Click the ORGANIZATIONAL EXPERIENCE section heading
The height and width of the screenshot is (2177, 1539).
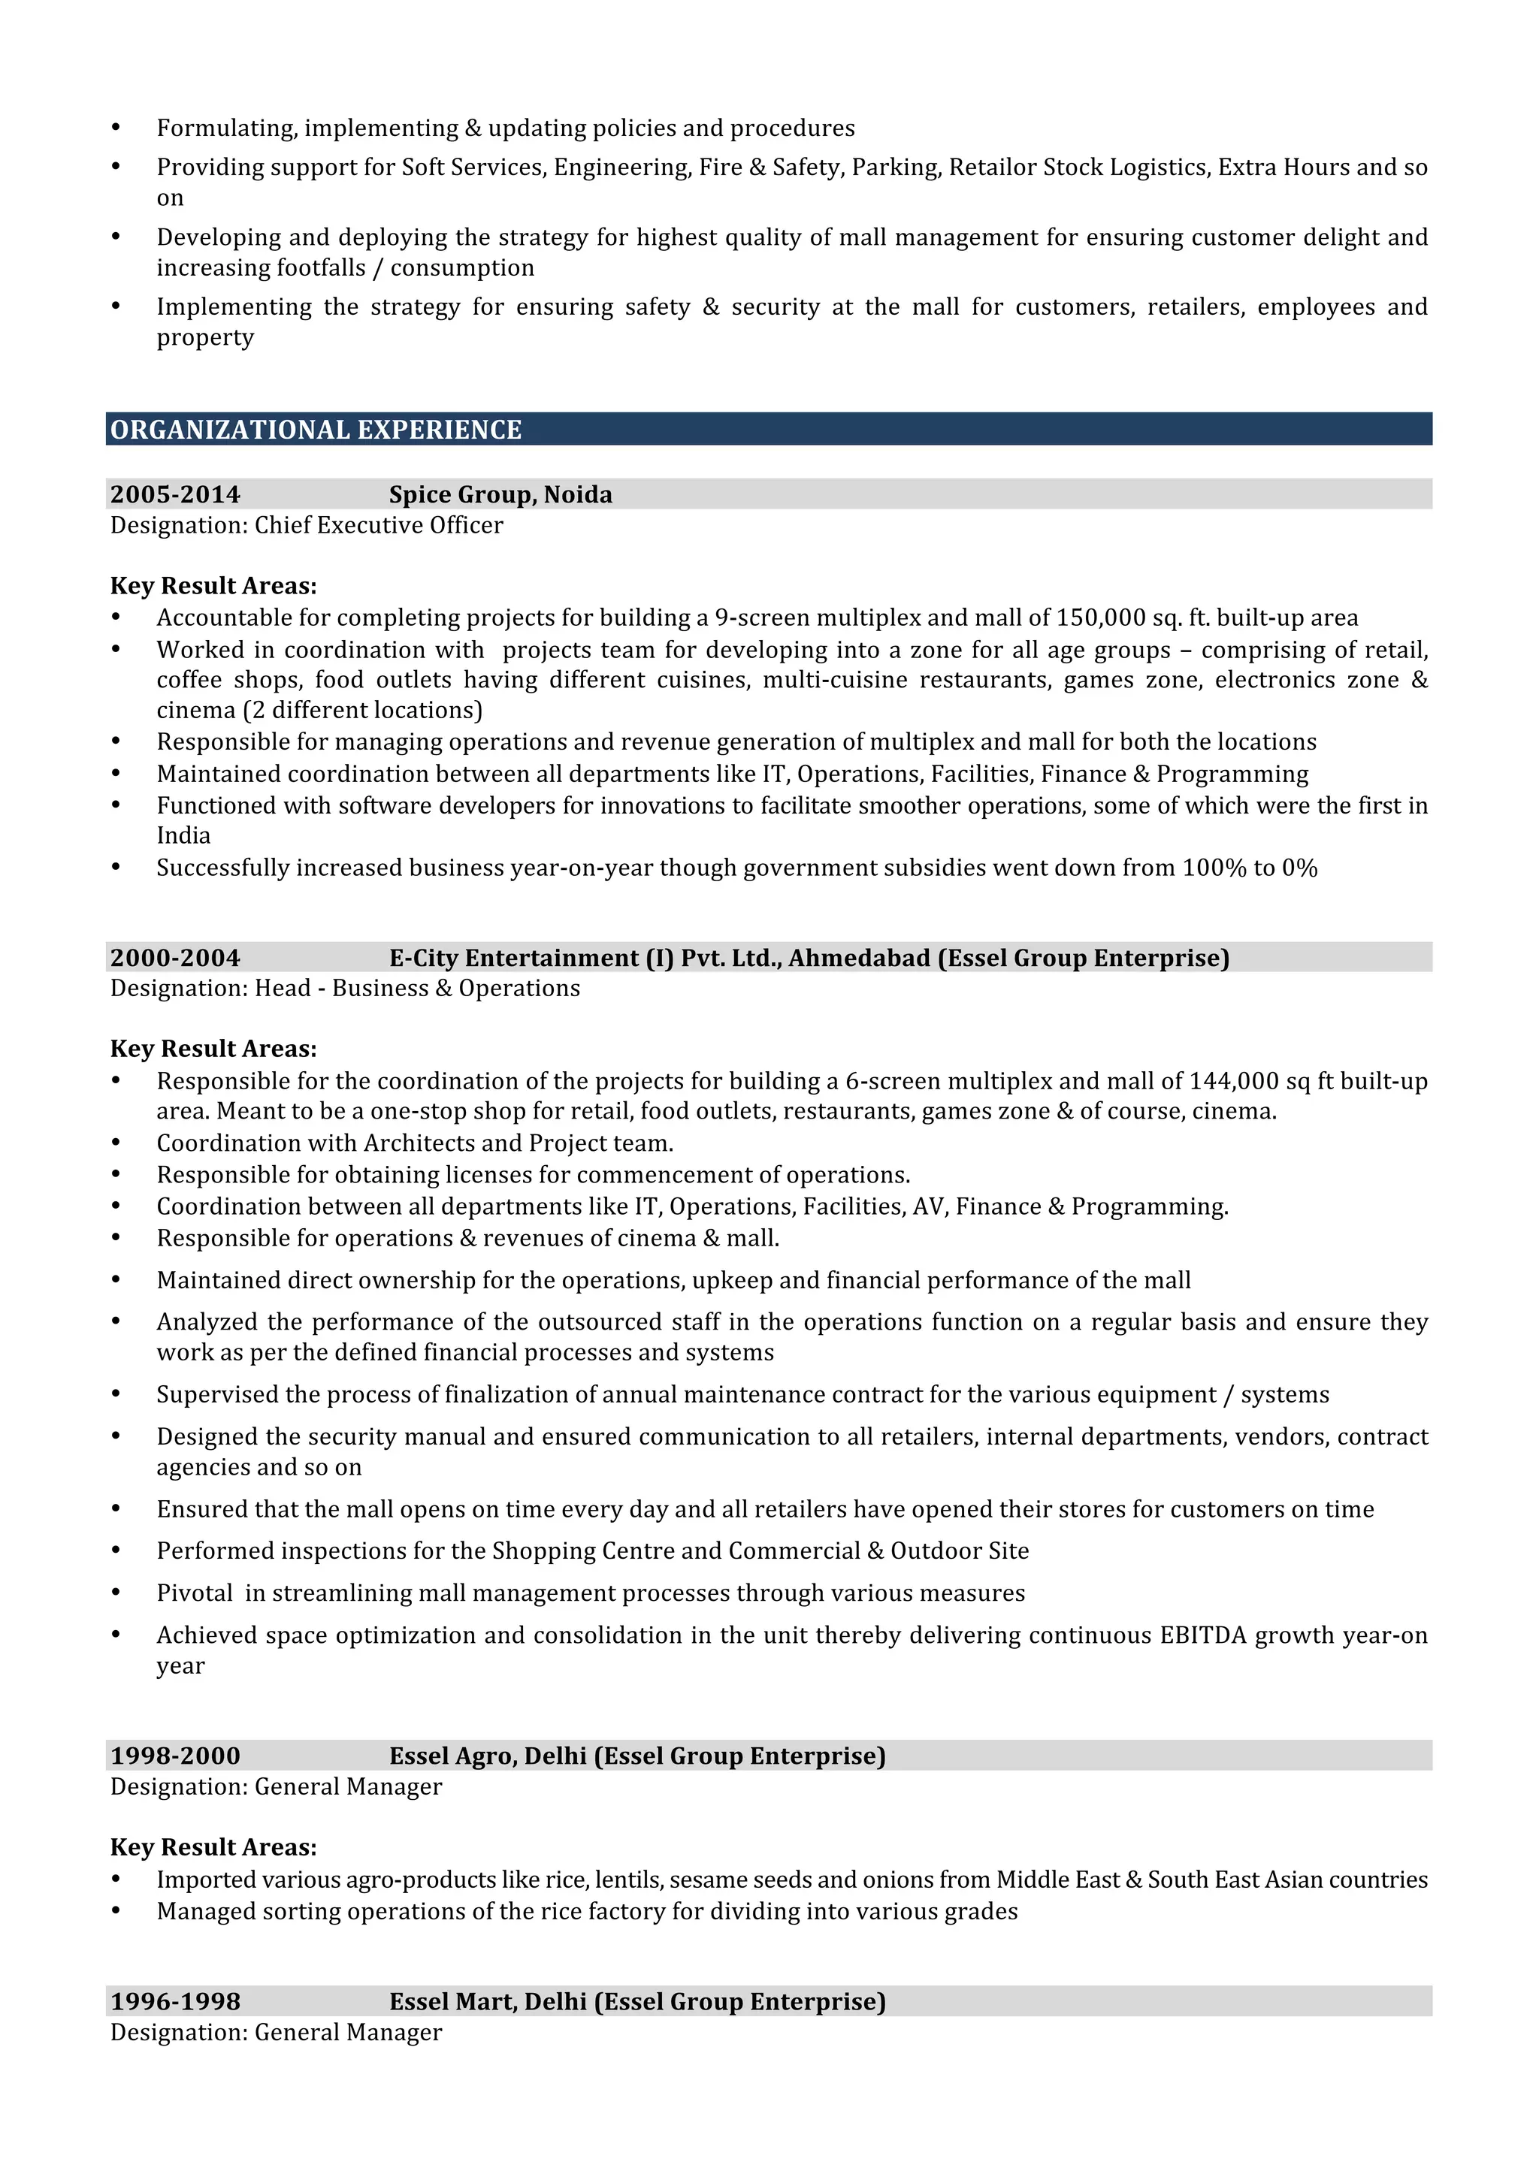316,430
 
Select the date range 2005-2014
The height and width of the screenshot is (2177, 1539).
175,494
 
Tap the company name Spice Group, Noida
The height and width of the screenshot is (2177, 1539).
500,494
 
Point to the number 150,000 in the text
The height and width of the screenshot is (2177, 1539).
1101,618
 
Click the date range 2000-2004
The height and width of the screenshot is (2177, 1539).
175,958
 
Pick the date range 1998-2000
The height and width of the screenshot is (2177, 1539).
175,1756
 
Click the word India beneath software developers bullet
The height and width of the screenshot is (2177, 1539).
183,835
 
